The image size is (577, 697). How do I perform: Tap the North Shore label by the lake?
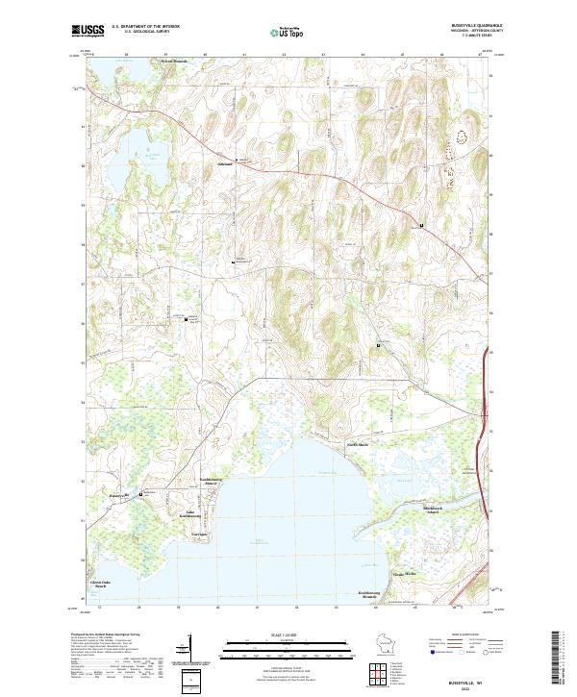(x=358, y=444)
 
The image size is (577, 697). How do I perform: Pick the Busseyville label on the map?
(x=119, y=496)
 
